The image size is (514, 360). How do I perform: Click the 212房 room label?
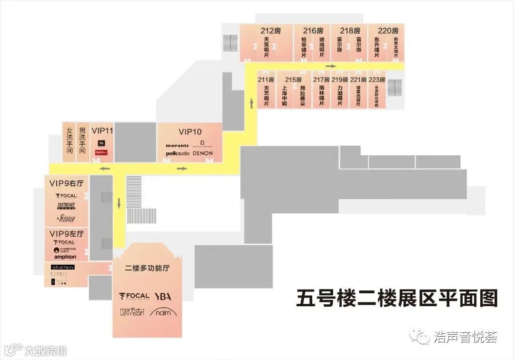[x=270, y=30]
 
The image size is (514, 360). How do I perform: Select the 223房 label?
[x=376, y=80]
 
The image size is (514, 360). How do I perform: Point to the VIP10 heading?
[x=190, y=131]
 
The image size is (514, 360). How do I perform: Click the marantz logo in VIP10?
[x=178, y=145]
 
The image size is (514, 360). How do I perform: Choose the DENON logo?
[x=203, y=153]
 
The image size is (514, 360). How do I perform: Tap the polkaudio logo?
[x=178, y=153]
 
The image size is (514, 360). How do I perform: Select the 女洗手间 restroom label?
[x=69, y=140]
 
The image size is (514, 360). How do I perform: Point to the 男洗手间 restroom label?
[x=82, y=140]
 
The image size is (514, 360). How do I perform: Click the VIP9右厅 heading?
[x=67, y=183]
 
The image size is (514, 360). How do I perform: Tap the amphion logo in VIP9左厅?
[x=65, y=257]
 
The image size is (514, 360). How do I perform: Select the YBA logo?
[x=162, y=296]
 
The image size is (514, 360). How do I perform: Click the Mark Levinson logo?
[x=132, y=312]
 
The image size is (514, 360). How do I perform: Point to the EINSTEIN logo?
[x=63, y=267]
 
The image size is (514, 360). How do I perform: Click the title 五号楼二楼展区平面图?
[x=396, y=299]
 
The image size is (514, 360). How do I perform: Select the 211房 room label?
[x=266, y=80]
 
